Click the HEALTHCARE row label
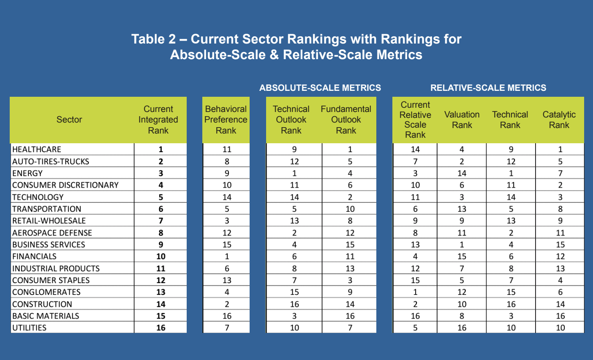tap(37, 150)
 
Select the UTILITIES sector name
tap(30, 328)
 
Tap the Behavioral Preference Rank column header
tap(226, 120)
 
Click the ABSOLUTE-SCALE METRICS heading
tap(320, 88)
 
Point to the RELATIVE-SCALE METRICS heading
tap(488, 88)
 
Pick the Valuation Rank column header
tap(462, 120)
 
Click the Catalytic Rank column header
tap(559, 120)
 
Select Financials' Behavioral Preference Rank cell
tap(227, 256)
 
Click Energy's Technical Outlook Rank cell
tap(294, 173)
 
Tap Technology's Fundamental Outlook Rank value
tap(350, 197)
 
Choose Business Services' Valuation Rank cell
tap(462, 245)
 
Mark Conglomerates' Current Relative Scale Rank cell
tap(415, 292)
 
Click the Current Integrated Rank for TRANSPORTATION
tap(160, 209)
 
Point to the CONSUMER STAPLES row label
tap(51, 281)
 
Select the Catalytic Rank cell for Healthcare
tap(560, 150)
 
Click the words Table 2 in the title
tap(153, 39)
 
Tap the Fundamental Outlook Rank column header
tap(346, 120)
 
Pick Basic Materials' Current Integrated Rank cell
tap(160, 316)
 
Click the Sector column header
tap(69, 120)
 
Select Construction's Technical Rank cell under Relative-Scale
tap(511, 304)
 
